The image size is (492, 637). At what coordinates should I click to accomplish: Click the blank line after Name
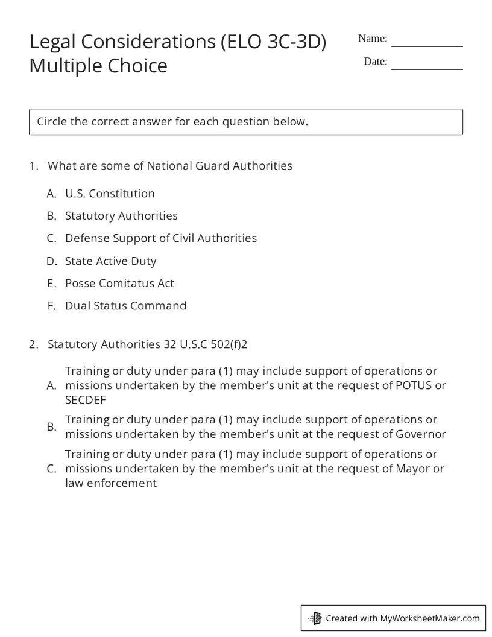click(427, 44)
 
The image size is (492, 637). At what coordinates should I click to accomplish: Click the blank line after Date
click(427, 67)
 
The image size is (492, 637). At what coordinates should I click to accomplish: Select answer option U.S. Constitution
click(110, 194)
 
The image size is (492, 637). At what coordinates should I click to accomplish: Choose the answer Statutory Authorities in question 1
click(121, 216)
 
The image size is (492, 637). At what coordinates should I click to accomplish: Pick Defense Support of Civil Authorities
click(160, 238)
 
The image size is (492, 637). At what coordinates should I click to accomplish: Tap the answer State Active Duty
click(110, 261)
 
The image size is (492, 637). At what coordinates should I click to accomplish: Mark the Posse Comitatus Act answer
click(119, 284)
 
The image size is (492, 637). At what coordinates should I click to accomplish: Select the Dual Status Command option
click(125, 306)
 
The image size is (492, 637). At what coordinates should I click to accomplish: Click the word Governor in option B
click(420, 434)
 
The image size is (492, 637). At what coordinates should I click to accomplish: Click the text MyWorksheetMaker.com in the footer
click(430, 618)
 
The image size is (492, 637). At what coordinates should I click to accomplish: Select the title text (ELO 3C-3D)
click(273, 42)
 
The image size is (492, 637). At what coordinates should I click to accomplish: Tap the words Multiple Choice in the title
click(98, 65)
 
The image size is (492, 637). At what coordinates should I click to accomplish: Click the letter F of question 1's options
click(52, 306)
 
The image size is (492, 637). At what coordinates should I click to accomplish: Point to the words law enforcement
click(110, 483)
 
